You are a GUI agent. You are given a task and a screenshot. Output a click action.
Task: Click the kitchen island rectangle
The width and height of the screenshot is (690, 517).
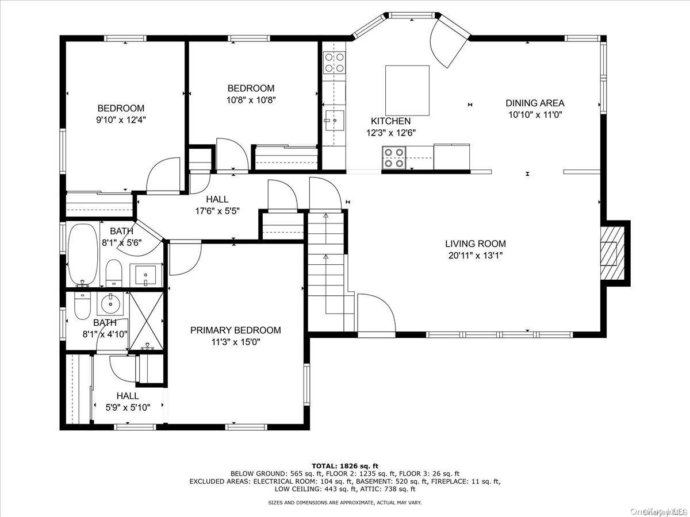pyautogui.click(x=408, y=90)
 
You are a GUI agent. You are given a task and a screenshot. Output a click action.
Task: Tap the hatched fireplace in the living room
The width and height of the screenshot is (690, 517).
pyautogui.click(x=612, y=253)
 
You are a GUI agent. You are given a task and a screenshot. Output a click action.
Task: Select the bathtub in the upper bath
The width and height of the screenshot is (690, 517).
pyautogui.click(x=83, y=255)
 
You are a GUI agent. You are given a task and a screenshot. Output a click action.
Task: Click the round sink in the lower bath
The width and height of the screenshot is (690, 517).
pyautogui.click(x=110, y=303)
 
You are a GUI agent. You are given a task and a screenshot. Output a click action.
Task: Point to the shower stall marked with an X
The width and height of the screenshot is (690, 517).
pyautogui.click(x=147, y=321)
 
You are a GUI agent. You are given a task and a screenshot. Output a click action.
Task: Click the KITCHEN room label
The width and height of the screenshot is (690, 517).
pyautogui.click(x=391, y=121)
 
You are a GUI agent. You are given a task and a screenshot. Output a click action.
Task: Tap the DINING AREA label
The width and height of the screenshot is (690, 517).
pyautogui.click(x=535, y=103)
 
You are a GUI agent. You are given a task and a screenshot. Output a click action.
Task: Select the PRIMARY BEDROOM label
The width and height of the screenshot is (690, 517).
pyautogui.click(x=235, y=330)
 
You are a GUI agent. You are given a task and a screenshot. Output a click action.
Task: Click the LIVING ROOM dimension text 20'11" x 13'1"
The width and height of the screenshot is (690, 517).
pyautogui.click(x=476, y=256)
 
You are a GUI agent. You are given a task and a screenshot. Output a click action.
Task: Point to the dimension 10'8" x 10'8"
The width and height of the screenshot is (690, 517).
pyautogui.click(x=251, y=100)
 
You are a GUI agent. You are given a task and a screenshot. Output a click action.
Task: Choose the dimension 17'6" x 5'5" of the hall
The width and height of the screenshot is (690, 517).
pyautogui.click(x=217, y=211)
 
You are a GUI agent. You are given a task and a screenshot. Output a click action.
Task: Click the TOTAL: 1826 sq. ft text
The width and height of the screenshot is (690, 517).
pyautogui.click(x=345, y=466)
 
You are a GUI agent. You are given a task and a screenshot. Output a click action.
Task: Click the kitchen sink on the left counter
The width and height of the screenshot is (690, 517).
pyautogui.click(x=335, y=120)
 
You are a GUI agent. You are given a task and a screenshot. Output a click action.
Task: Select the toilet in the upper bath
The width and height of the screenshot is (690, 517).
pyautogui.click(x=114, y=273)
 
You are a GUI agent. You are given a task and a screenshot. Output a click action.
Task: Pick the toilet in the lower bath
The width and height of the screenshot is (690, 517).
pyautogui.click(x=82, y=306)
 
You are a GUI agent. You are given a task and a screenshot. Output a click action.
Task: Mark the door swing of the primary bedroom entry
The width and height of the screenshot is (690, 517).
pyautogui.click(x=185, y=257)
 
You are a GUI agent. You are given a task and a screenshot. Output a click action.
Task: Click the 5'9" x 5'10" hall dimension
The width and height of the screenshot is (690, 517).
pyautogui.click(x=128, y=407)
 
